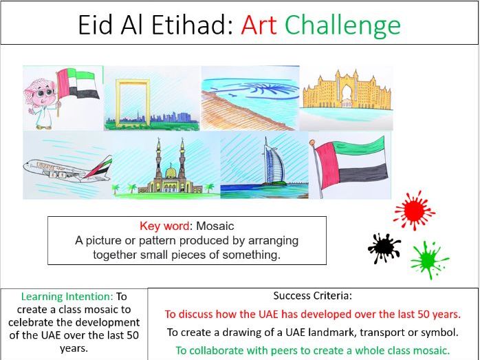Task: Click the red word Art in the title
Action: (259, 25)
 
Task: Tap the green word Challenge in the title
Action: (342, 25)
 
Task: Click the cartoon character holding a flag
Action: (44, 100)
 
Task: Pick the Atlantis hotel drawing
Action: (345, 93)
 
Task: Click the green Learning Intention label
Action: (72, 297)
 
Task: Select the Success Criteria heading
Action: (312, 296)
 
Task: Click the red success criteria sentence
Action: (312, 314)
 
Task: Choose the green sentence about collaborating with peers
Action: (312, 350)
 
